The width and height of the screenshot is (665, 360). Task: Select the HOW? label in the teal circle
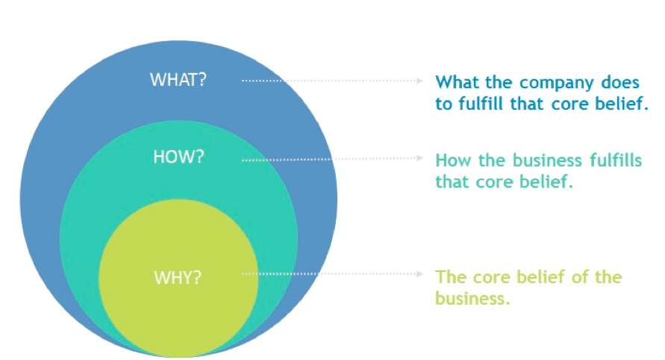[x=178, y=158]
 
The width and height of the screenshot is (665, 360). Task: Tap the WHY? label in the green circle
[x=178, y=278]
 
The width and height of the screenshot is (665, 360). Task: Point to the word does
[x=621, y=82]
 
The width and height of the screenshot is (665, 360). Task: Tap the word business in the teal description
[x=535, y=161]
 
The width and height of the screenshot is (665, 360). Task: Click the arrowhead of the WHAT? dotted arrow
[x=420, y=80]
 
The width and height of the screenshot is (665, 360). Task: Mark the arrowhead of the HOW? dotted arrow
[x=420, y=158]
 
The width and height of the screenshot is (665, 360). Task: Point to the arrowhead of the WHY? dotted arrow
[x=420, y=274]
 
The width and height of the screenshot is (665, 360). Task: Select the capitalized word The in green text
[x=451, y=277]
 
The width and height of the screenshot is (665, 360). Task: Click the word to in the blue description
[x=443, y=104]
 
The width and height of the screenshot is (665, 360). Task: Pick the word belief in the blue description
[x=622, y=104]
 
